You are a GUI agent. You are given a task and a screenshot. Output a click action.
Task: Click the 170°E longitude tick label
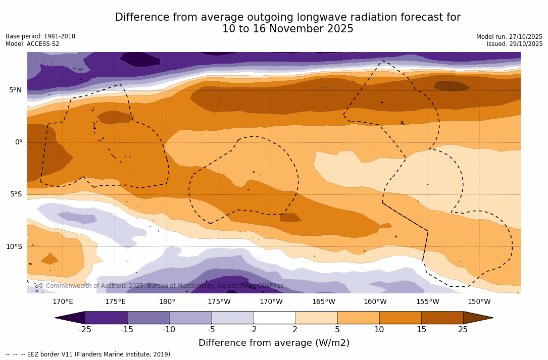(x=63, y=302)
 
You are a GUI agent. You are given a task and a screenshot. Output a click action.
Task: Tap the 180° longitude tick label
(x=167, y=302)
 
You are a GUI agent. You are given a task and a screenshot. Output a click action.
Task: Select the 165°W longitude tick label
(x=323, y=302)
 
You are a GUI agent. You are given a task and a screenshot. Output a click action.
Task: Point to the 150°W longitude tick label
(x=479, y=302)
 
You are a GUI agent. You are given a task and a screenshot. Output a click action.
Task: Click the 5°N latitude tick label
(x=15, y=90)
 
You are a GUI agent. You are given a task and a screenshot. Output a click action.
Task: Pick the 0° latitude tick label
(x=18, y=142)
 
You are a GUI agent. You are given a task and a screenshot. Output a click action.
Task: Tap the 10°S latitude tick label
(x=14, y=247)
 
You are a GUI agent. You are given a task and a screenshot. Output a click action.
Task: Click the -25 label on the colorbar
(x=85, y=330)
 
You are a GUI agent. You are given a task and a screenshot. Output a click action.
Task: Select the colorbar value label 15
(x=421, y=330)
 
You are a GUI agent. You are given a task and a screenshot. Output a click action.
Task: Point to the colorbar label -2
(x=253, y=330)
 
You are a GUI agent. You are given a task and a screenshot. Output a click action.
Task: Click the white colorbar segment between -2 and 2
(x=274, y=318)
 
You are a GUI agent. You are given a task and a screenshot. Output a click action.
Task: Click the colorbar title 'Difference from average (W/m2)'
(x=274, y=343)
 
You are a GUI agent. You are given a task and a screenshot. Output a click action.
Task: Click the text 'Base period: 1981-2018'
(x=40, y=36)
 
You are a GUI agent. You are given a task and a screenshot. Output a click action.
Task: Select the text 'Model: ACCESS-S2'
(x=32, y=44)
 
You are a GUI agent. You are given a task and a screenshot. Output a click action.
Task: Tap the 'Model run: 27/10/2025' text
(x=509, y=37)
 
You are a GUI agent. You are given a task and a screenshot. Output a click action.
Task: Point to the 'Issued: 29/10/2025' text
(x=515, y=44)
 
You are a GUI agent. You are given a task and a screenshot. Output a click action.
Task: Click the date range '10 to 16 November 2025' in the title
(x=288, y=29)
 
